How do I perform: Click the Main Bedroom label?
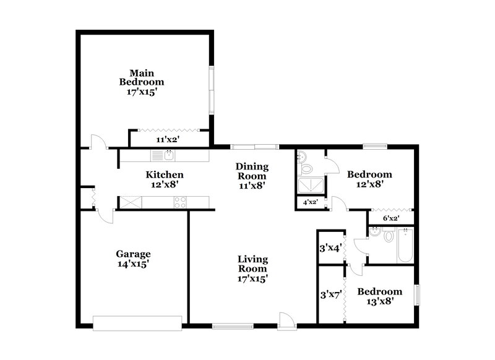point(142,76)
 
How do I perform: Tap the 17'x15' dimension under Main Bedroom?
point(142,91)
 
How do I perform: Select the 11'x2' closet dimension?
point(166,140)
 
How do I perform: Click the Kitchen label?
point(164,174)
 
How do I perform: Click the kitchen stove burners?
point(180,201)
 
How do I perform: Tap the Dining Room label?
point(252,171)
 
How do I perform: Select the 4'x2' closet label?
point(310,202)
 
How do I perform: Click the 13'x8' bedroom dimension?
point(379,301)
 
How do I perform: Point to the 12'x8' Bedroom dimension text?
point(369,184)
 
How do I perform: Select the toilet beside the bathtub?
point(387,235)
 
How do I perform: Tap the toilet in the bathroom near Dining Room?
point(306,167)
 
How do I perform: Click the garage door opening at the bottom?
point(137,322)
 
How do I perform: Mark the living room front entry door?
point(285,319)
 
